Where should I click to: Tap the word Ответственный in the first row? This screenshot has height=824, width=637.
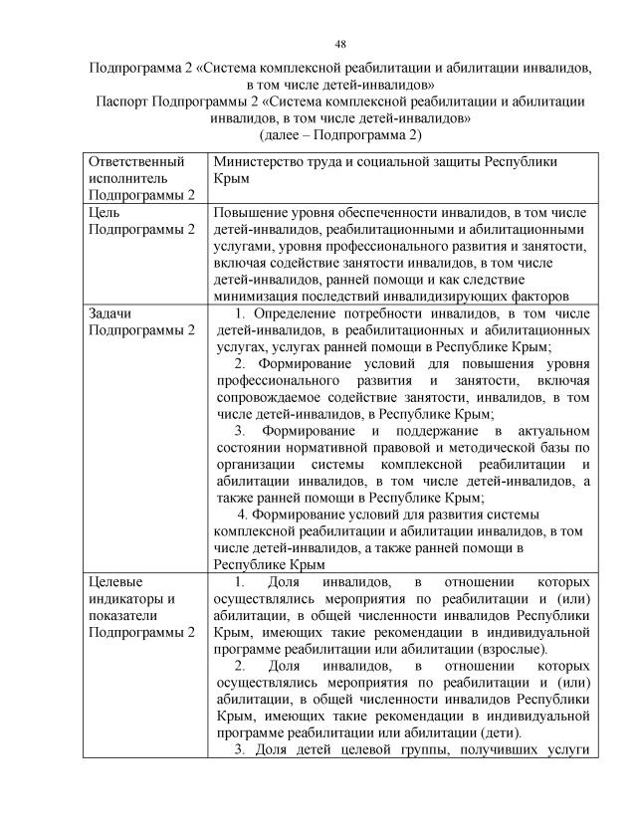tap(137, 160)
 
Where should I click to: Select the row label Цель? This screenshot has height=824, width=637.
tap(106, 212)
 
